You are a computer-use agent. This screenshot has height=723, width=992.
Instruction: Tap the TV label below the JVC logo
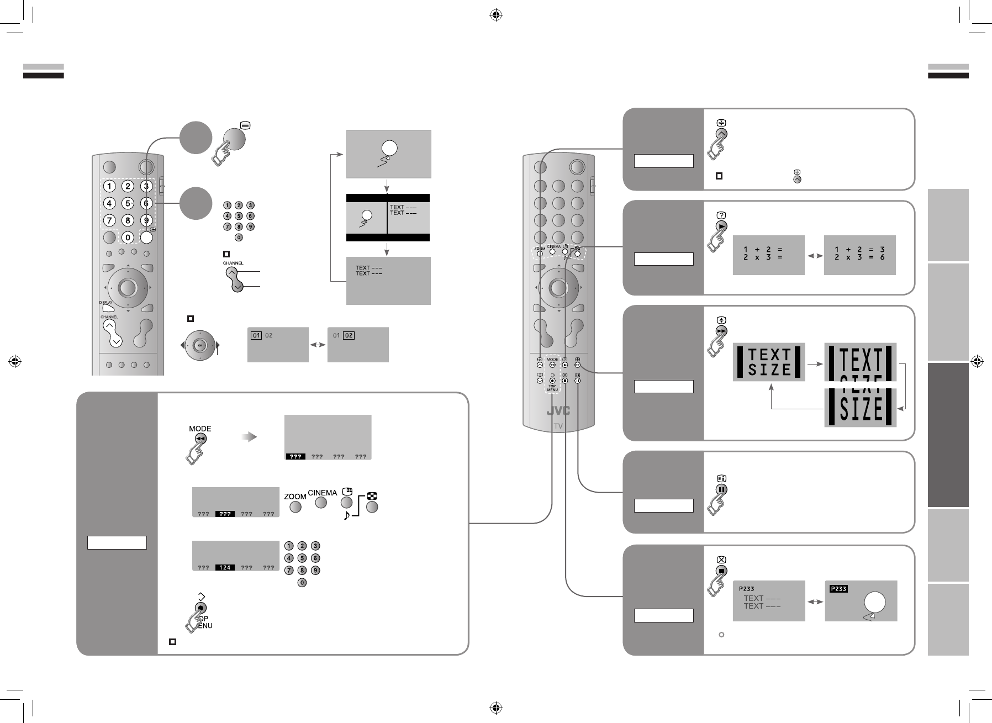(558, 426)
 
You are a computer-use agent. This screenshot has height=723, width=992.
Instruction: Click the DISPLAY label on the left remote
(105, 303)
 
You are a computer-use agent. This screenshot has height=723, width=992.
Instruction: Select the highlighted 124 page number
(225, 567)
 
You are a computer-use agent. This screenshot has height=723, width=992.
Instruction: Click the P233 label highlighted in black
(838, 589)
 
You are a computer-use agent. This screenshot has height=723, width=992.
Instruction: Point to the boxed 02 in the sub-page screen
(349, 335)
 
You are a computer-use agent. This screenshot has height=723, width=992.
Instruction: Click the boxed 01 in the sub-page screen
(256, 335)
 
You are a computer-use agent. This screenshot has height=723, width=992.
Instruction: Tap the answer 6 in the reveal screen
(883, 258)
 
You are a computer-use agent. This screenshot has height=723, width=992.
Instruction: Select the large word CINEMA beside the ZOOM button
(322, 493)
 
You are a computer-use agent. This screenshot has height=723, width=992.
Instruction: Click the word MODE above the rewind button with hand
(200, 429)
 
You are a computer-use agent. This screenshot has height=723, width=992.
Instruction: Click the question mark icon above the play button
(721, 215)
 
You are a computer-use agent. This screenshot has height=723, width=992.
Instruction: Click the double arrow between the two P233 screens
(815, 601)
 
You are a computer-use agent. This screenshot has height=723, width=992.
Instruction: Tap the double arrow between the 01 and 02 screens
(318, 345)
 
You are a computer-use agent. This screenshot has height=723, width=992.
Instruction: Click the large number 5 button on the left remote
(128, 203)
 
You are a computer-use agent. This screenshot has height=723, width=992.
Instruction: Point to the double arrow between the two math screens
(814, 256)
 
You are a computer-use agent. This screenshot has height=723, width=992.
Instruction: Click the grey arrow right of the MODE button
(251, 437)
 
